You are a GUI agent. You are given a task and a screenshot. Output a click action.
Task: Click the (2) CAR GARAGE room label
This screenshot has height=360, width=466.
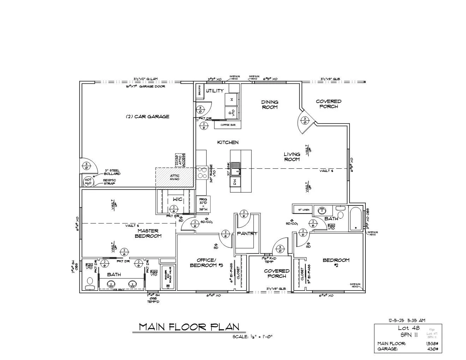[148, 116]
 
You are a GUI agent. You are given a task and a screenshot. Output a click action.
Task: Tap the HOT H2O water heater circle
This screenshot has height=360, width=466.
[88, 182]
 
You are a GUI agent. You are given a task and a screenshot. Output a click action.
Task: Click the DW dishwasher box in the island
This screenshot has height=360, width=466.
[235, 182]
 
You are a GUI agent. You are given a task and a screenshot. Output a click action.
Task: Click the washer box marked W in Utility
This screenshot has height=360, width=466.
[232, 100]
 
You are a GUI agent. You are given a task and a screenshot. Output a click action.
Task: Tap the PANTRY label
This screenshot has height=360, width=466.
[247, 233]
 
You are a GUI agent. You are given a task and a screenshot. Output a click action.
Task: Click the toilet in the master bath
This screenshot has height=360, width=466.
[89, 283]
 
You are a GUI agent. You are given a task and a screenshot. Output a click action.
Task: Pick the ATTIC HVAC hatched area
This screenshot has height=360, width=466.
[175, 177]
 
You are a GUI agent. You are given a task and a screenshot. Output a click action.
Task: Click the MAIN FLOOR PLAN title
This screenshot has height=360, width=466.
[189, 327]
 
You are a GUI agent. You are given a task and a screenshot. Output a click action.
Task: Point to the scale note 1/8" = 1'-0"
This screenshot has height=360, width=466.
[252, 336]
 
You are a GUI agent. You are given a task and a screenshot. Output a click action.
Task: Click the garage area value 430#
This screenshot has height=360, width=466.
[432, 349]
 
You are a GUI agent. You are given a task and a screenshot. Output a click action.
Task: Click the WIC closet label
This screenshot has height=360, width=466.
[178, 199]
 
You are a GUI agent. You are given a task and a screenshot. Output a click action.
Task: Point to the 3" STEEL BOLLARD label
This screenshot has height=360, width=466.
[112, 172]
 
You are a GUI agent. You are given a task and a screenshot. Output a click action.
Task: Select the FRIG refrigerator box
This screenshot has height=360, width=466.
[203, 204]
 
